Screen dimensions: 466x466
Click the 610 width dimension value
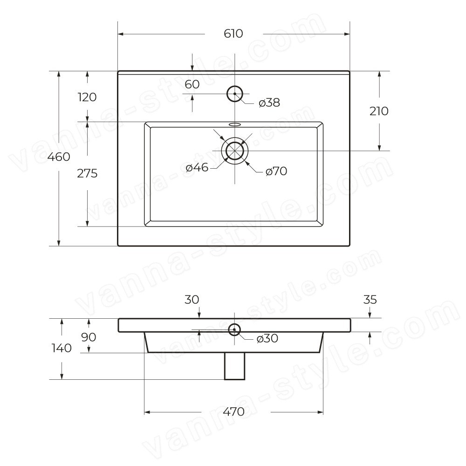pyautogui.click(x=233, y=34)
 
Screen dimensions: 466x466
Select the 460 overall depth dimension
pyautogui.click(x=59, y=157)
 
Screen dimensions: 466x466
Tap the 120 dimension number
pyautogui.click(x=87, y=97)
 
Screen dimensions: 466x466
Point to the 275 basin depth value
pyautogui.click(x=87, y=173)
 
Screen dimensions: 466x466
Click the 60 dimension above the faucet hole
pyautogui.click(x=192, y=84)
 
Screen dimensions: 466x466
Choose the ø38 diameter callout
pyautogui.click(x=269, y=103)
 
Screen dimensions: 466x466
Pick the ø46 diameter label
pyautogui.click(x=197, y=168)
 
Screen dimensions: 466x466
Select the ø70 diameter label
pyautogui.click(x=276, y=171)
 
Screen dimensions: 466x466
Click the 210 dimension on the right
pyautogui.click(x=379, y=111)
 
